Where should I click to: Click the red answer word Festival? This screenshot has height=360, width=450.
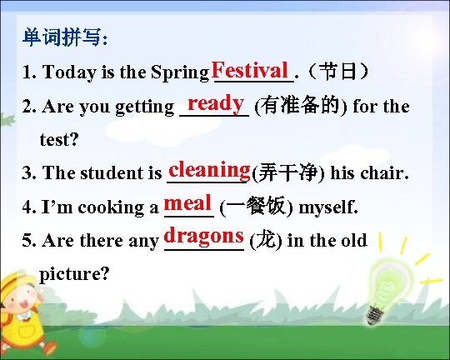click(x=250, y=67)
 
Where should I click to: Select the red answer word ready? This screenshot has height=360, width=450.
click(x=215, y=102)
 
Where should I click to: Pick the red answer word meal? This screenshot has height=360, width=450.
click(x=189, y=202)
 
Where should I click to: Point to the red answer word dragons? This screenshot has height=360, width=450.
click(x=204, y=236)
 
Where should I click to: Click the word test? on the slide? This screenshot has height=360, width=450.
click(x=59, y=139)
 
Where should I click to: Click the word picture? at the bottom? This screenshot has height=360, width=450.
click(x=74, y=273)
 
